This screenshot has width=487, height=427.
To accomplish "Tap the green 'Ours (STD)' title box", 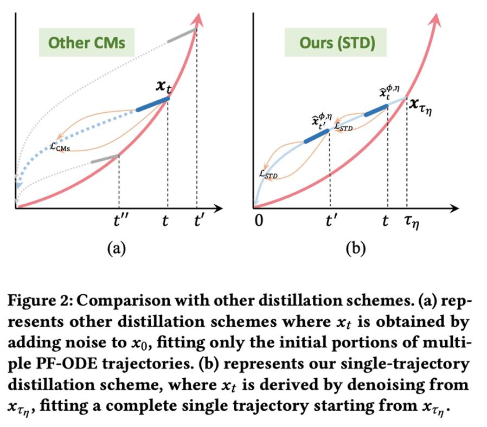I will [x=336, y=43].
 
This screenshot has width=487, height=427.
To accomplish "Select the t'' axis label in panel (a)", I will [x=119, y=222].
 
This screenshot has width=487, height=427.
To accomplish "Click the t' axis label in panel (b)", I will [x=331, y=222].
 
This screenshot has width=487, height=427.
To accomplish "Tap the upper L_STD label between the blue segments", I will [x=344, y=127].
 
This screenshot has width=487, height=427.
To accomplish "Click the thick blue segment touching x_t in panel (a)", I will [x=152, y=104].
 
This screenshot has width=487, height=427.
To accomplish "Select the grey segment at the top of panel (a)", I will [x=181, y=35].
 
